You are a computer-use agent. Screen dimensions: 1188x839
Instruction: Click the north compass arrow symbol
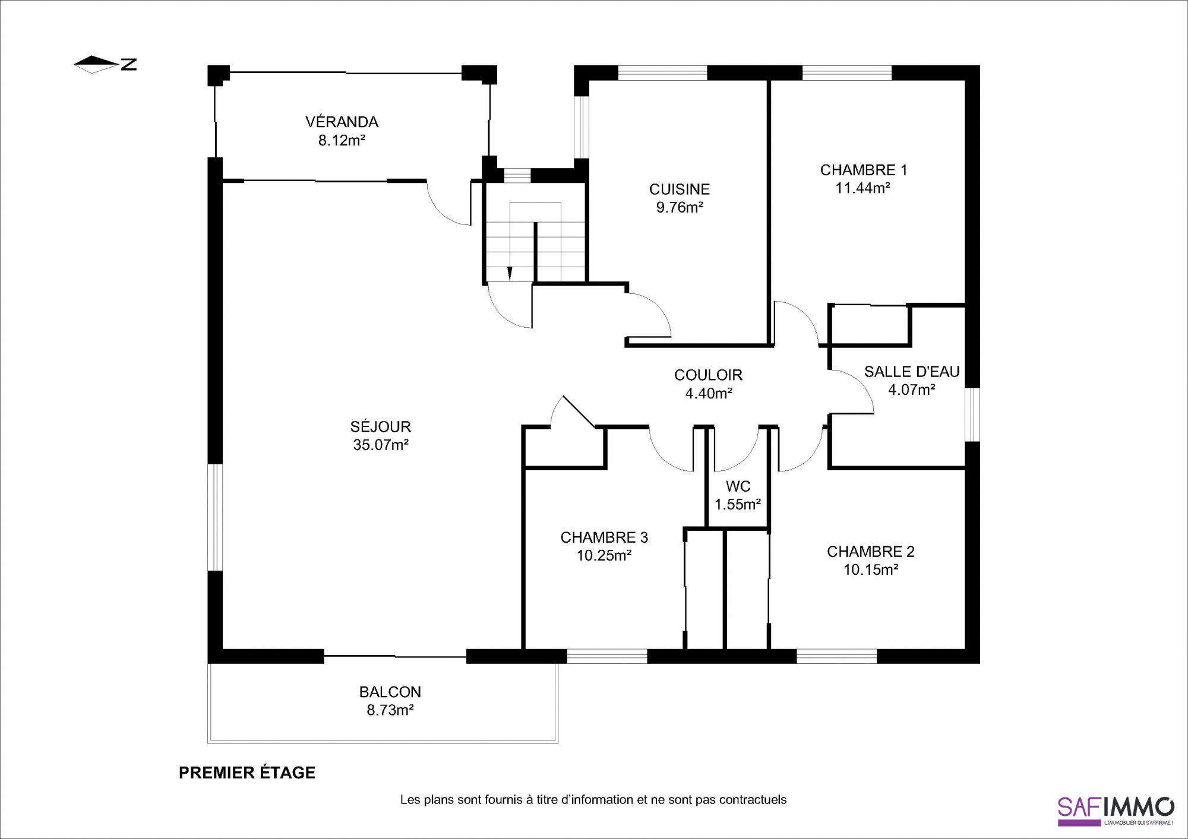click(96, 64)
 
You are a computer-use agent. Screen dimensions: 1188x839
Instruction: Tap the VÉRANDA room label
click(342, 122)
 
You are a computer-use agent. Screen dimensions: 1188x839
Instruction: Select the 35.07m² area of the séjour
click(381, 445)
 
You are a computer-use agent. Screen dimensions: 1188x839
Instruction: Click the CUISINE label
click(680, 189)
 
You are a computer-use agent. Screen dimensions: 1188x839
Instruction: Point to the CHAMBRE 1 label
click(864, 170)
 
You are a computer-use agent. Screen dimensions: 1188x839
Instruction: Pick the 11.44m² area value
click(862, 188)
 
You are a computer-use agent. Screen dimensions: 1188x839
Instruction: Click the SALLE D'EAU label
click(912, 372)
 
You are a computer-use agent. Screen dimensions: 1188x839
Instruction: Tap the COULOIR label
click(708, 375)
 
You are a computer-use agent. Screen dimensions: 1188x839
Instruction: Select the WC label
click(738, 486)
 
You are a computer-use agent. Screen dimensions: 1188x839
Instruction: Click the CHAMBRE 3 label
click(604, 537)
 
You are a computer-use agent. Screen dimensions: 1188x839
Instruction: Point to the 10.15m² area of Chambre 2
click(871, 570)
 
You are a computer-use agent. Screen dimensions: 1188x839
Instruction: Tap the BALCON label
click(390, 692)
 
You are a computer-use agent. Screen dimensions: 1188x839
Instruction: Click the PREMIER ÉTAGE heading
click(247, 772)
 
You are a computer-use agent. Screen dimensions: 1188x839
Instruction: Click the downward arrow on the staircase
click(510, 274)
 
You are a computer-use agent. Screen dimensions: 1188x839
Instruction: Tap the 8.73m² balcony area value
click(390, 710)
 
